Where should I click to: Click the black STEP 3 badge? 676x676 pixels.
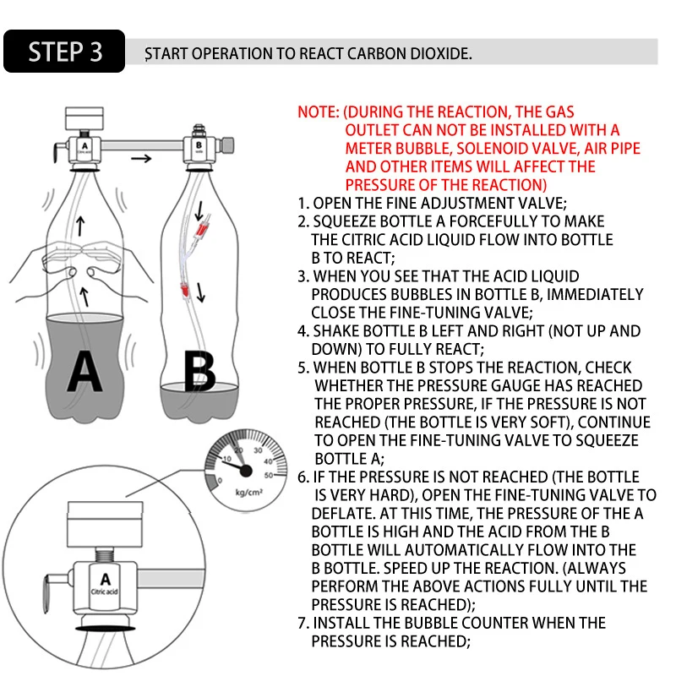[65, 52]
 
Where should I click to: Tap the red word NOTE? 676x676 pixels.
[319, 112]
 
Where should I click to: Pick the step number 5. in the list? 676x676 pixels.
[304, 368]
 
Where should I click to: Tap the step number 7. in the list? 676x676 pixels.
[304, 623]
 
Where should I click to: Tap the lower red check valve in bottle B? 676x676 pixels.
[182, 290]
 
